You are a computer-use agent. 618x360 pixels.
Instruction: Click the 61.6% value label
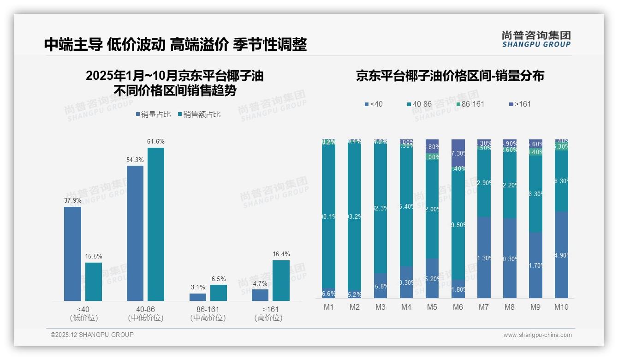[156, 141]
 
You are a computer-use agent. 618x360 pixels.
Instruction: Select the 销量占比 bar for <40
[72, 254]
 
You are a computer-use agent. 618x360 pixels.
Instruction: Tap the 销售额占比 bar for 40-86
[156, 224]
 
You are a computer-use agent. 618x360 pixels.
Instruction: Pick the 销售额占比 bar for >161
[281, 281]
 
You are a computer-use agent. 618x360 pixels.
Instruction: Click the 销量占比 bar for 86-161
[198, 297]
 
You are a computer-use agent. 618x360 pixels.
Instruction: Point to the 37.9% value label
[72, 200]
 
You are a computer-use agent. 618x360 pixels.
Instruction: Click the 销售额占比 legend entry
[199, 114]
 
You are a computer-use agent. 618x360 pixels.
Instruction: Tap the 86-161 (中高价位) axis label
[208, 313]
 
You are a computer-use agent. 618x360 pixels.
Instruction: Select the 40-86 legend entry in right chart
[419, 104]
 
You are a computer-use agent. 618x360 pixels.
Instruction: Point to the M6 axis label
[458, 307]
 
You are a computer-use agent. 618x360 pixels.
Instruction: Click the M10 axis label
[561, 307]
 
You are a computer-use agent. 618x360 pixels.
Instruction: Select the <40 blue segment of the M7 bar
[484, 258]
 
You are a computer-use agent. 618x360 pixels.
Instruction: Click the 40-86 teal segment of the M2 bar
[355, 217]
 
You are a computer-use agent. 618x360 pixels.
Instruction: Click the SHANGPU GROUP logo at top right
[536, 39]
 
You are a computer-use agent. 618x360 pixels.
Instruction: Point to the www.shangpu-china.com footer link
[537, 335]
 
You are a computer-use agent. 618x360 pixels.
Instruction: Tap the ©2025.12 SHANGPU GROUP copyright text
[92, 335]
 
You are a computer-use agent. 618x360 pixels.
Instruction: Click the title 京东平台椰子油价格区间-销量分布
[450, 76]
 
